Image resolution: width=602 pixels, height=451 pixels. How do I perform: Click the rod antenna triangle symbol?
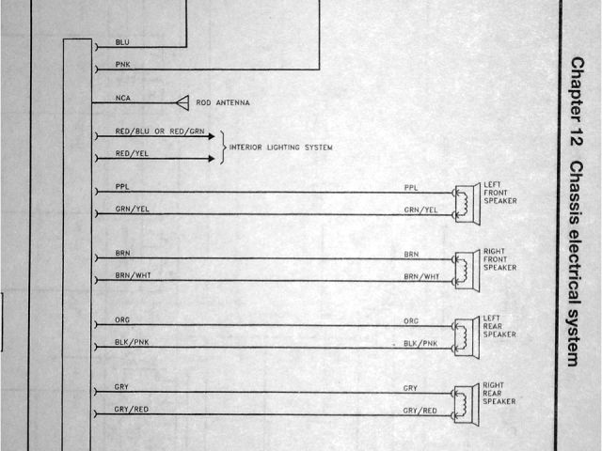pos(182,101)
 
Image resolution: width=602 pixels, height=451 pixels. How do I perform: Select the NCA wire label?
pos(122,97)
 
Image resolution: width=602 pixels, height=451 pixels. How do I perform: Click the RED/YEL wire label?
pos(131,153)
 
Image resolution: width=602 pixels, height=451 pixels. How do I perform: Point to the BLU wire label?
pos(122,42)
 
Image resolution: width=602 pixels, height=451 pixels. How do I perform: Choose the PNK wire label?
pos(122,64)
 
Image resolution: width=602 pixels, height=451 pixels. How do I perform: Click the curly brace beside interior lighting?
pos(223,148)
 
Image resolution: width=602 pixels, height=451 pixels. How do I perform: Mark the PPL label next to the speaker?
pos(411,188)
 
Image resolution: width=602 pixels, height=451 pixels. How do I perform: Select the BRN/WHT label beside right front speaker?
pos(421,276)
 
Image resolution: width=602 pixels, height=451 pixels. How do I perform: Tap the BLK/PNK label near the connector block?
pos(132,343)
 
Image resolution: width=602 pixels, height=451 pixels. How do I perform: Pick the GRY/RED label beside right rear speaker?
pos(420,411)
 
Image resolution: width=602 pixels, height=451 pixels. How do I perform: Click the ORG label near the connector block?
pos(122,320)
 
